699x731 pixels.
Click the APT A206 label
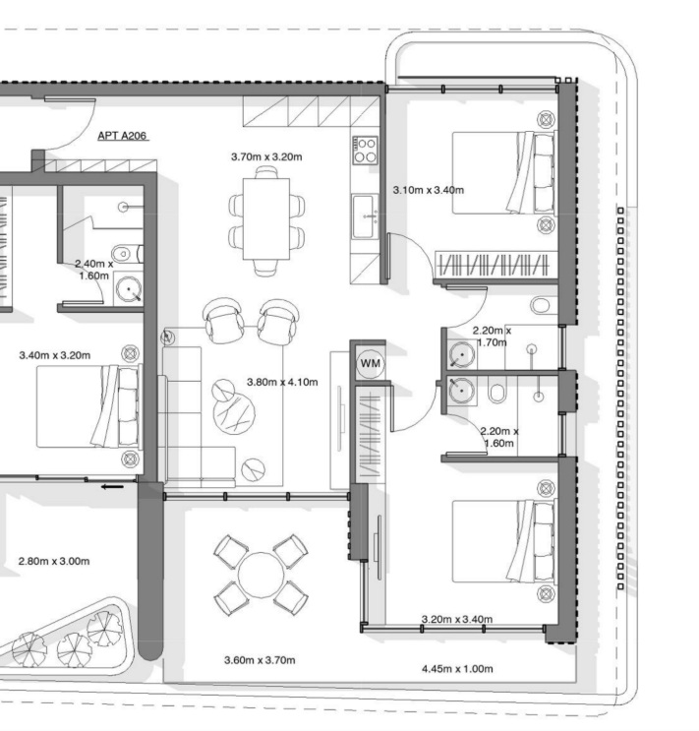pyautogui.click(x=122, y=136)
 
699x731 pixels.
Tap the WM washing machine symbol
pyautogui.click(x=371, y=363)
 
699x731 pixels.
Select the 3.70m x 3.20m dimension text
pyautogui.click(x=266, y=156)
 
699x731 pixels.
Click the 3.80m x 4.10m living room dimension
pyautogui.click(x=282, y=383)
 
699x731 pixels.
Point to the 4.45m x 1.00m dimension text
pyautogui.click(x=457, y=669)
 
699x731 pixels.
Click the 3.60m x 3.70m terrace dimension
pyautogui.click(x=260, y=660)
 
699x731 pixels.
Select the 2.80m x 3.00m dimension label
pyautogui.click(x=54, y=562)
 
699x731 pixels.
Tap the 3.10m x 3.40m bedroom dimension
pyautogui.click(x=429, y=190)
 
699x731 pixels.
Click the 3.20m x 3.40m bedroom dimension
pyautogui.click(x=457, y=619)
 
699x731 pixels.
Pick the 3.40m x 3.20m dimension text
pyautogui.click(x=54, y=355)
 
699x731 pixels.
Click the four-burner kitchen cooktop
pyautogui.click(x=365, y=151)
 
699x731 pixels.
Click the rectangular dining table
pyautogui.click(x=266, y=218)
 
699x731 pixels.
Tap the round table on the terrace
pyautogui.click(x=260, y=575)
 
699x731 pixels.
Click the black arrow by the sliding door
pyautogui.click(x=112, y=487)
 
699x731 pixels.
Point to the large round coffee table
pyautogui.click(x=234, y=414)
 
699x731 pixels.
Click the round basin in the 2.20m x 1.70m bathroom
pyautogui.click(x=462, y=354)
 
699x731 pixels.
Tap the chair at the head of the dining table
pyautogui.click(x=266, y=171)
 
